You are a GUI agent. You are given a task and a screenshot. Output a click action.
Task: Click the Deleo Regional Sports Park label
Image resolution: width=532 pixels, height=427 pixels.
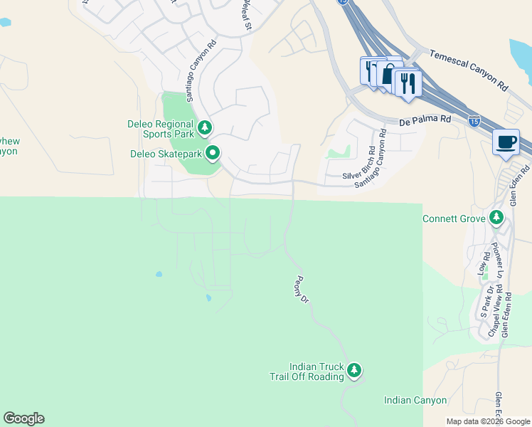[160, 128]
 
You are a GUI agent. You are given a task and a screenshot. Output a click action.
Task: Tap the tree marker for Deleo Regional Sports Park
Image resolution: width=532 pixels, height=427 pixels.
[205, 128]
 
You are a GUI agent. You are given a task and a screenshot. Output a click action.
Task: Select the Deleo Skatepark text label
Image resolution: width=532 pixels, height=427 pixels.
[165, 153]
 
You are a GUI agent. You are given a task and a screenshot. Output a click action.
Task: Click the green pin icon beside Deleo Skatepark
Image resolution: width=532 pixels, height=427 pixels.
[213, 153]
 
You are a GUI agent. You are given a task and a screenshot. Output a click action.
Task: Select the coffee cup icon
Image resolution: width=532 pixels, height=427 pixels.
[506, 142]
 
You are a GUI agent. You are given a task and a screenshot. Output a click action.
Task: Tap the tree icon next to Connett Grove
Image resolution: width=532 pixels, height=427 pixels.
[496, 218]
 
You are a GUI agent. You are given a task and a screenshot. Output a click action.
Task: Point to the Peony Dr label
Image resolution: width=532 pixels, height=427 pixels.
[302, 290]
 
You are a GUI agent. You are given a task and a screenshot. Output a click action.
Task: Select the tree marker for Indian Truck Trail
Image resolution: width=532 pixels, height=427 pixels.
[354, 370]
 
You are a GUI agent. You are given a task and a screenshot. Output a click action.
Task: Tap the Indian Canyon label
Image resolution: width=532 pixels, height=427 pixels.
[415, 401]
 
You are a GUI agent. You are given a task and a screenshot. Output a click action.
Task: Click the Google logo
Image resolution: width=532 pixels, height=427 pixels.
[23, 418]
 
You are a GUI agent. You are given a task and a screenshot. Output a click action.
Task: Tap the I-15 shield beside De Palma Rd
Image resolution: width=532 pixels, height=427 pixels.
[474, 122]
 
